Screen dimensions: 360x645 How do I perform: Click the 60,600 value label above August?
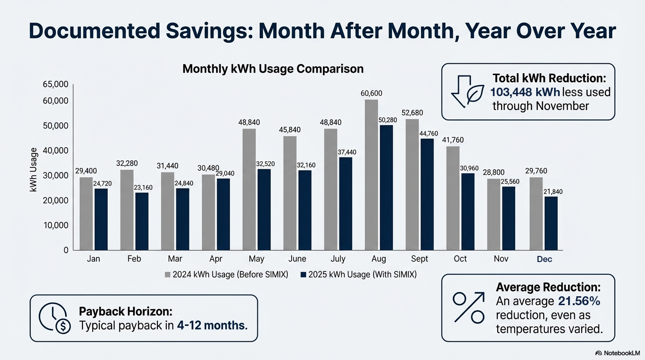(371, 93)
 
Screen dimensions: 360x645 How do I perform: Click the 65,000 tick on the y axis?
(56, 84)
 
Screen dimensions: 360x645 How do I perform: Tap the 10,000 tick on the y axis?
(56, 225)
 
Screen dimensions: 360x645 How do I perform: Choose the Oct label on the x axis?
(460, 259)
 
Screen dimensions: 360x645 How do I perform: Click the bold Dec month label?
(544, 259)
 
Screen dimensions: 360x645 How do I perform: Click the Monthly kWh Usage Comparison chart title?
(273, 69)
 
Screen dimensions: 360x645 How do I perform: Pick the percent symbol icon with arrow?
(468, 307)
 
